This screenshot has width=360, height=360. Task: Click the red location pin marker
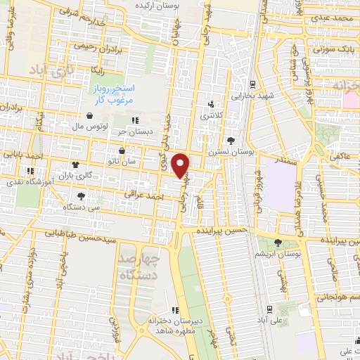pyautogui.click(x=181, y=165)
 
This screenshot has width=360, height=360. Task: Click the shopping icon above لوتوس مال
pyautogui.click(x=90, y=117)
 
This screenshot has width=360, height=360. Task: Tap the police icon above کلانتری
pyautogui.click(x=210, y=103)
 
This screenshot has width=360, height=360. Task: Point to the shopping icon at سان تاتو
pyautogui.click(x=122, y=151)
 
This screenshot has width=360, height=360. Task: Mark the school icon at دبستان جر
pyautogui.click(x=135, y=120)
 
